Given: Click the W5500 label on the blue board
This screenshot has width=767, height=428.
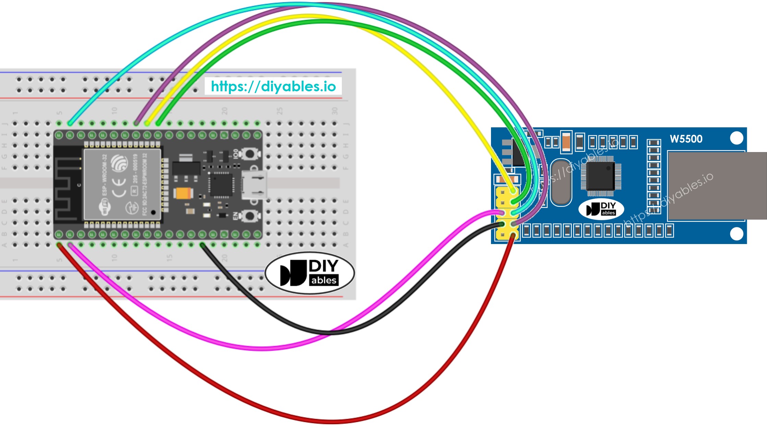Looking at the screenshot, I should pos(686,139).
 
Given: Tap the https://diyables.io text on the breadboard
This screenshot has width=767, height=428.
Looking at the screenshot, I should pos(273,86).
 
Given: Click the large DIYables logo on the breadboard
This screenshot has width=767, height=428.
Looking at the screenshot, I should pos(310,273).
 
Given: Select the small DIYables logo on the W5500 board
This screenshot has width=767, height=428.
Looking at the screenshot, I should pos(601,209).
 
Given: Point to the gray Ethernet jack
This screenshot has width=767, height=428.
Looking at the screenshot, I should pos(717,186).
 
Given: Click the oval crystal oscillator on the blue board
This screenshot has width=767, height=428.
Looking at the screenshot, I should pos(561,183).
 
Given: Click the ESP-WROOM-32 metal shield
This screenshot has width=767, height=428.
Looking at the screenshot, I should pos(122,184).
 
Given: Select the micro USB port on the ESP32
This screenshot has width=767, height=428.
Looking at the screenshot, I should pos(254,185).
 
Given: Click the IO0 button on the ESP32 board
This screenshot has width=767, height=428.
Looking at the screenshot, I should pos(250,154).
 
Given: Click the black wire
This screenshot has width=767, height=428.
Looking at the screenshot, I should pos(329,332).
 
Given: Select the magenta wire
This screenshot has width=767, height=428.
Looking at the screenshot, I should pos(261,348).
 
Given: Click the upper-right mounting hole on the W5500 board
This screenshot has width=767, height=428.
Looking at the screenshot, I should pos(736,138).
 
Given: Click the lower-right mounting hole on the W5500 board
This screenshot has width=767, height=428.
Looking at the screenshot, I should pos(736,234).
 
